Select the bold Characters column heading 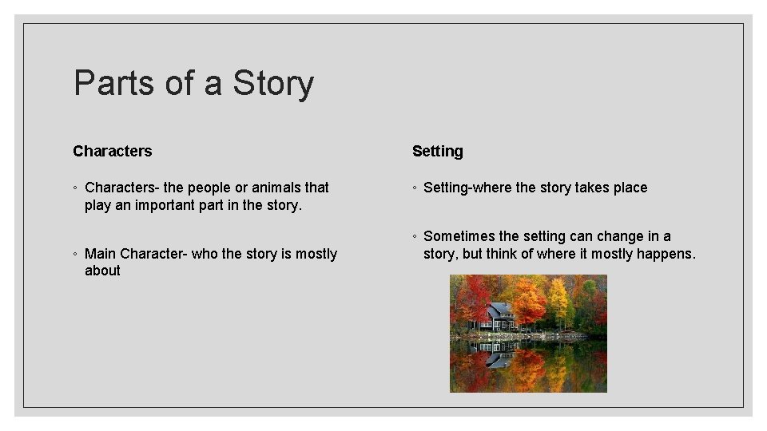coord(112,151)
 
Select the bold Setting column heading coord(437,151)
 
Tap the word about coord(102,271)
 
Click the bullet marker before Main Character coord(74,255)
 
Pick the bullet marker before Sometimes coord(414,237)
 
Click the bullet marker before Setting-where coord(414,188)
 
